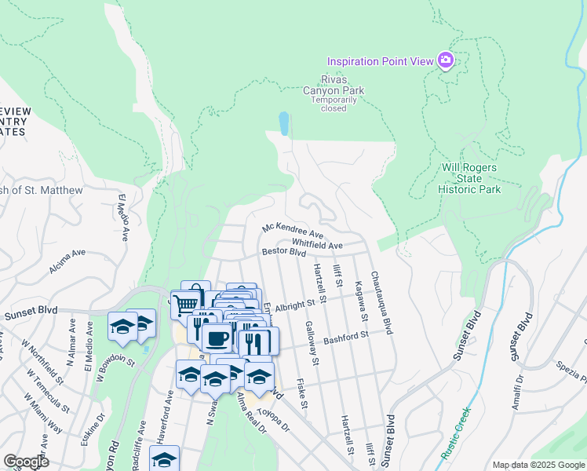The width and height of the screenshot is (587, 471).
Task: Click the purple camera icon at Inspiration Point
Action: pos(446,60)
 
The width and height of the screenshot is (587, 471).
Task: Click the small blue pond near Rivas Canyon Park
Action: pos(283,122)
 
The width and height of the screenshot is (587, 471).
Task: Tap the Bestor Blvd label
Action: pos(283,253)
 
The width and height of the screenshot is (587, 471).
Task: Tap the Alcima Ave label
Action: pos(67,262)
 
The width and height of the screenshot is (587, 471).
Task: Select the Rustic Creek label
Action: pos(456,433)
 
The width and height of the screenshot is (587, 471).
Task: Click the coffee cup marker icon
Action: pos(217,338)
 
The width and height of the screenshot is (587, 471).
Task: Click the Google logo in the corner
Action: pos(26,462)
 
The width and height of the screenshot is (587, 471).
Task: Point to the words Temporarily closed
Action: pos(333,104)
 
